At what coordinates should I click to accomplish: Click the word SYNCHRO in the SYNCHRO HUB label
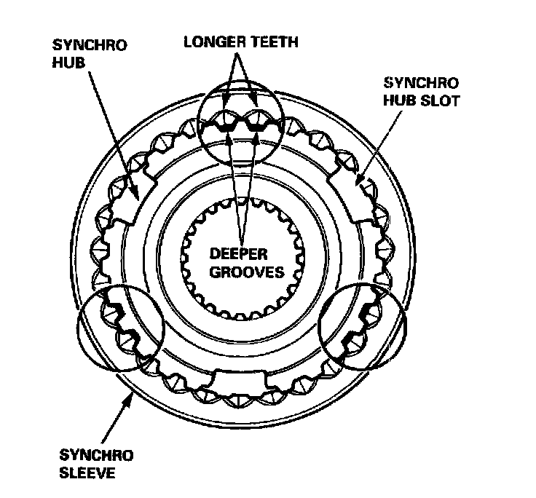[90, 44]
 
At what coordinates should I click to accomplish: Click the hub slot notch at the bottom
[240, 378]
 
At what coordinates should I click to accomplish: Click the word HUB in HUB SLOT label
[398, 100]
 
